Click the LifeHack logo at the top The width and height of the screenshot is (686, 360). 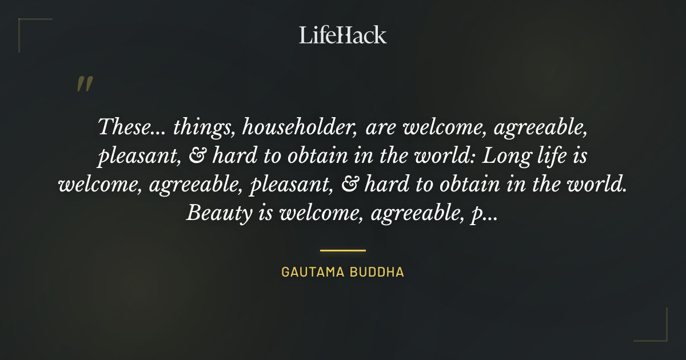pos(342,35)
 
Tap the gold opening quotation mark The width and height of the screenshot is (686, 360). pos(84,84)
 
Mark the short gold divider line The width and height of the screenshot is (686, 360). pos(342,250)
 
